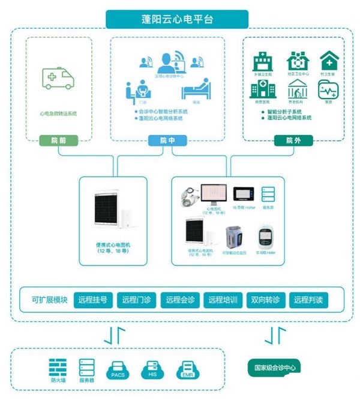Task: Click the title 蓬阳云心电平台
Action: point(178,19)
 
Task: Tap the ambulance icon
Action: point(59,78)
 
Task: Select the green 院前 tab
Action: point(59,141)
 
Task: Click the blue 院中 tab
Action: point(168,141)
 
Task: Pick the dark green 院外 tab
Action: point(293,141)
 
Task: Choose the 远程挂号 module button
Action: point(93,299)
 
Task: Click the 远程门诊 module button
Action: point(137,299)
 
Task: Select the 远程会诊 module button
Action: point(181,299)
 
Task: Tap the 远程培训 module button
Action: point(224,299)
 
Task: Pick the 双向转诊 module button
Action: point(266,299)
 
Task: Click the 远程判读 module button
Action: point(309,299)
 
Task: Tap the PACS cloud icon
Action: point(117,369)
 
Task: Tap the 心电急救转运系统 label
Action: point(58,113)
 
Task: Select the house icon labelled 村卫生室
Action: point(329,61)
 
